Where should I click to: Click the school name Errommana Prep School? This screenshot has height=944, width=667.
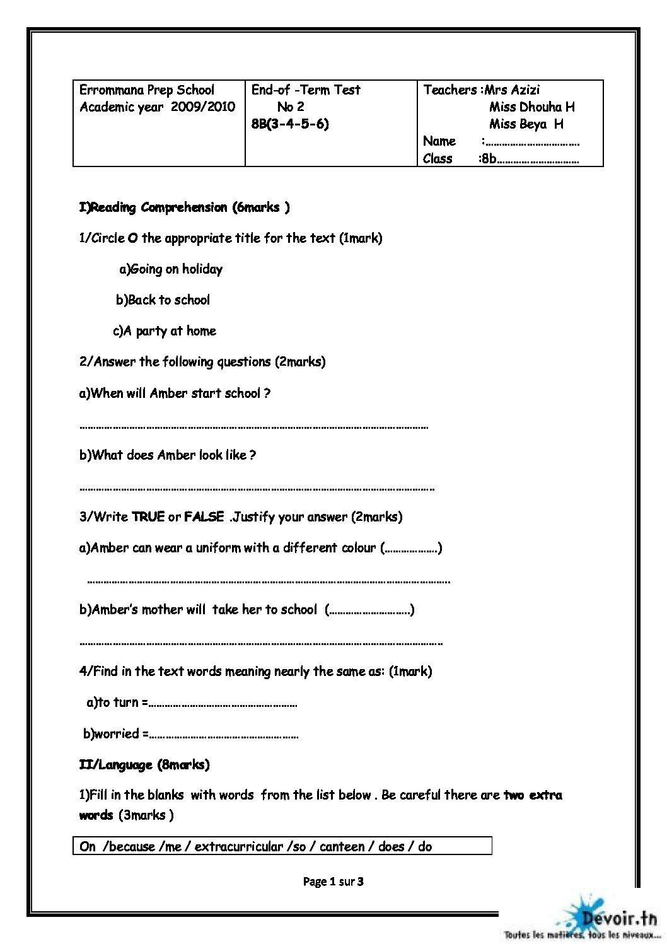[146, 90]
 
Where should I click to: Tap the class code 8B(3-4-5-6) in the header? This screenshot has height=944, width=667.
[290, 124]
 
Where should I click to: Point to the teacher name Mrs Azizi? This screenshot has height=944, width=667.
[512, 90]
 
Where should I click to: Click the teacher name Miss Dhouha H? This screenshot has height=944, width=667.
[531, 107]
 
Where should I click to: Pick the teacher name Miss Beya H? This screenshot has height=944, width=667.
[526, 124]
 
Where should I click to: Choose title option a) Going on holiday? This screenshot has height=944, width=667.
[171, 269]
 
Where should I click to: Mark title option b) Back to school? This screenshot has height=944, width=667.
[163, 300]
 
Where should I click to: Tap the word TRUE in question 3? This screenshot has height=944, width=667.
[148, 517]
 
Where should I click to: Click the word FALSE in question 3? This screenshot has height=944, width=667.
[204, 517]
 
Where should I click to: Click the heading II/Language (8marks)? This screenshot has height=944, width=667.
[144, 765]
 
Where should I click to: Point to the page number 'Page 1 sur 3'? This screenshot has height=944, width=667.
[333, 882]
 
